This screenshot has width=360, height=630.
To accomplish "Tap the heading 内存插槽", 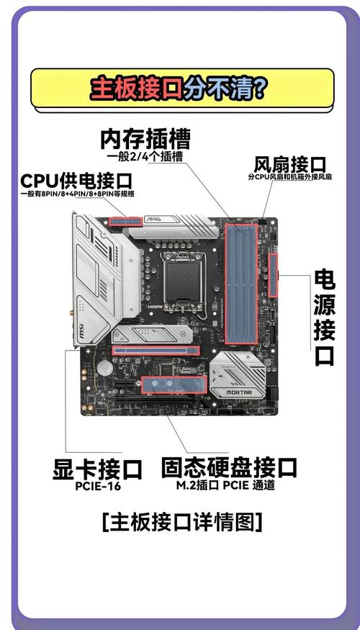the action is click(x=145, y=139).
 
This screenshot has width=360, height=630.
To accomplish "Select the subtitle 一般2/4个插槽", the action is click(x=145, y=156).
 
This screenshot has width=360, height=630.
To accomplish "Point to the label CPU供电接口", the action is click(x=76, y=181).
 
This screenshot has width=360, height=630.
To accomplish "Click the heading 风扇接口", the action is click(x=289, y=165).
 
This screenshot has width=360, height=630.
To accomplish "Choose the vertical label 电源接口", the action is click(x=324, y=318).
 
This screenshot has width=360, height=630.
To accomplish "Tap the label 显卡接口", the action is click(x=97, y=469).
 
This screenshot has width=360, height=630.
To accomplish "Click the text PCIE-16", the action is click(x=98, y=486).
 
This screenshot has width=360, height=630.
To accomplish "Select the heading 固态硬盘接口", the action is click(x=229, y=467).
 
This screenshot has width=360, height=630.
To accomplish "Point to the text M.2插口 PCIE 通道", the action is click(x=225, y=485).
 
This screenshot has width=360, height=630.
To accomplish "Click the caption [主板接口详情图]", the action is click(x=182, y=522).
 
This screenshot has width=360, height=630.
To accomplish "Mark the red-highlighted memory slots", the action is click(x=241, y=284).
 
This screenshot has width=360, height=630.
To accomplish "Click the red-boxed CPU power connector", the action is click(x=125, y=221).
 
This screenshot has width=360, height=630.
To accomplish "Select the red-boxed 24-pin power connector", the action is click(x=273, y=275).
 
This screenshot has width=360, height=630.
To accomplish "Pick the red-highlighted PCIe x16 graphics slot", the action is click(x=156, y=351).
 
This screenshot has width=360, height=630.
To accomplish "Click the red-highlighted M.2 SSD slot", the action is click(x=174, y=384).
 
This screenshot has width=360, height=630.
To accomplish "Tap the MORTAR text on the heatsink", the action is click(x=239, y=392).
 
